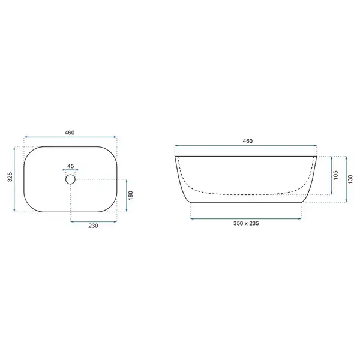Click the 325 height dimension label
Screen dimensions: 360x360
(x=10, y=177)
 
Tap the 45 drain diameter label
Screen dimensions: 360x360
(x=70, y=166)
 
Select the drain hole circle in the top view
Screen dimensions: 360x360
(x=70, y=179)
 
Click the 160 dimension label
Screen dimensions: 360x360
(x=131, y=196)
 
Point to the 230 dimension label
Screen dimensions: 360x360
(x=93, y=226)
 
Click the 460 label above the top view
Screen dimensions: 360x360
(x=70, y=133)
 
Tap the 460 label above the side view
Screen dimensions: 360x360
(x=248, y=141)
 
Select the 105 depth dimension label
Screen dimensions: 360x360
(x=335, y=175)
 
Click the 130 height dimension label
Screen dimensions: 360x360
(x=350, y=179)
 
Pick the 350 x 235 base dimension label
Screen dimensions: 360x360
(x=246, y=223)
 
